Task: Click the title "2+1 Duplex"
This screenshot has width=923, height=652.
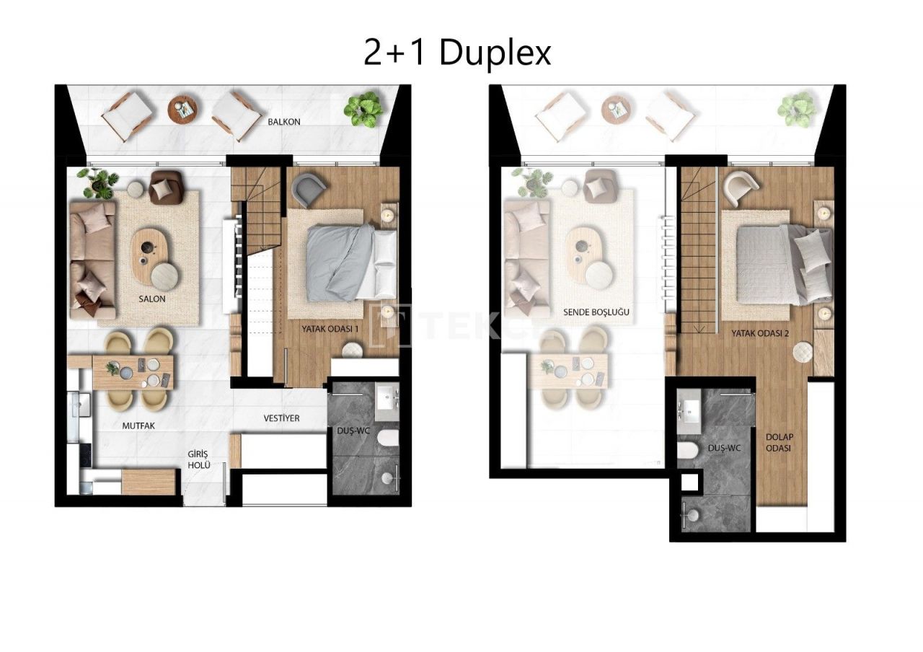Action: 457,53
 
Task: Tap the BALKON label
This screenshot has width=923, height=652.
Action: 284,122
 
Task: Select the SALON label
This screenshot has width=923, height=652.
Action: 152,299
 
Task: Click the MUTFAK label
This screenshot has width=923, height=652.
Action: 138,426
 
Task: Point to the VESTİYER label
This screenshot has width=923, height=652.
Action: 281,418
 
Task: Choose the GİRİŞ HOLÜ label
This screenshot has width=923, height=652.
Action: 198,459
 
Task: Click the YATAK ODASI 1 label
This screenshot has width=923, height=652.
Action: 330,329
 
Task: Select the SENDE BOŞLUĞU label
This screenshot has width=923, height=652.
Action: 596,312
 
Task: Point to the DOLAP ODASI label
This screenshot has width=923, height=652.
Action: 779,442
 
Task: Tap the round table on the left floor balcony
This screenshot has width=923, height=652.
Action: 182,109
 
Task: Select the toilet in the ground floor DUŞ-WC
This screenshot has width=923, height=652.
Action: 389,439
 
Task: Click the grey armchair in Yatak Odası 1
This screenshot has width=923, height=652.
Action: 309,190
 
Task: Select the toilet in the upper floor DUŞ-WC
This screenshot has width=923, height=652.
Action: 688,451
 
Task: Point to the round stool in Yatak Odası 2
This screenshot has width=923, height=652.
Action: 803,351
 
